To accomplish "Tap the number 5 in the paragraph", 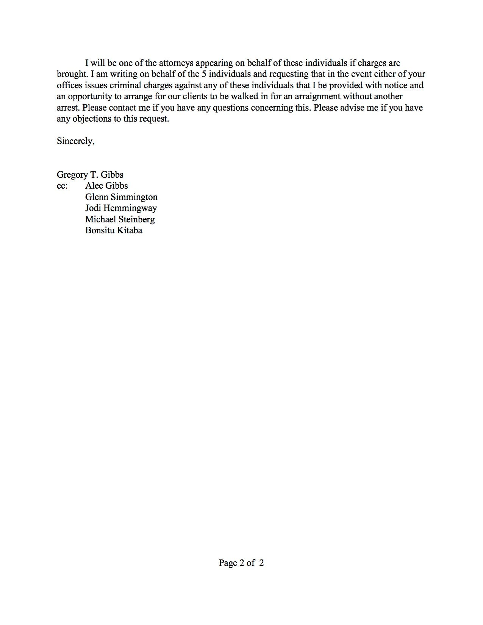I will coord(203,74).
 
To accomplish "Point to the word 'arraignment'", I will coord(316,96).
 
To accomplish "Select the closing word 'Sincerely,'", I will coord(75,141).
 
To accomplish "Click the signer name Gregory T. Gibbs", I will coord(90,175).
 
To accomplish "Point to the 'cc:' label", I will coord(62,186).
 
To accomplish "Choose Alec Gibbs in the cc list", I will coord(106,186).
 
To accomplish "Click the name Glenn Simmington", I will coord(121,197).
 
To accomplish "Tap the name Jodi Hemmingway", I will coord(121,208).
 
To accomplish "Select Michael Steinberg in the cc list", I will coord(120,219).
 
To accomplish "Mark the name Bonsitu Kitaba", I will coord(114,230).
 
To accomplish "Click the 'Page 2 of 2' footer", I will coord(241,563).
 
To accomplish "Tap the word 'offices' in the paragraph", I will coord(69,85).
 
